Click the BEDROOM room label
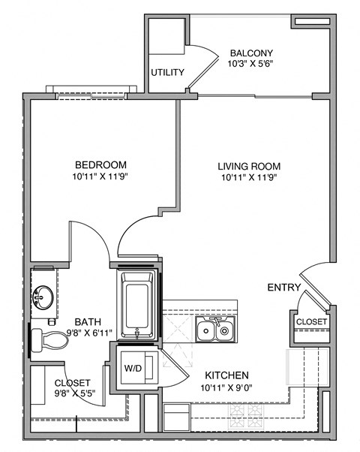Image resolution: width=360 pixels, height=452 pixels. click(x=100, y=165)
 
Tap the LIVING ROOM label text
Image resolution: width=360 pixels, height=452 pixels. click(x=249, y=166)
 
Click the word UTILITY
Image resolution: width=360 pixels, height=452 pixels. click(x=168, y=73)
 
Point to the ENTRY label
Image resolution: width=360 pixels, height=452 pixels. click(x=283, y=288)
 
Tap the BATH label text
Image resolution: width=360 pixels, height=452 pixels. click(x=87, y=321)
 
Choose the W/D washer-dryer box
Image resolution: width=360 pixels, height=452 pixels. click(x=135, y=368)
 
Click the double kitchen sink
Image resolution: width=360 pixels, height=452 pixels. click(x=214, y=329)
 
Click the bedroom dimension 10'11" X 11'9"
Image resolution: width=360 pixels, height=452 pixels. click(x=100, y=178)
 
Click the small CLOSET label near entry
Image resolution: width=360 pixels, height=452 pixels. click(x=310, y=321)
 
